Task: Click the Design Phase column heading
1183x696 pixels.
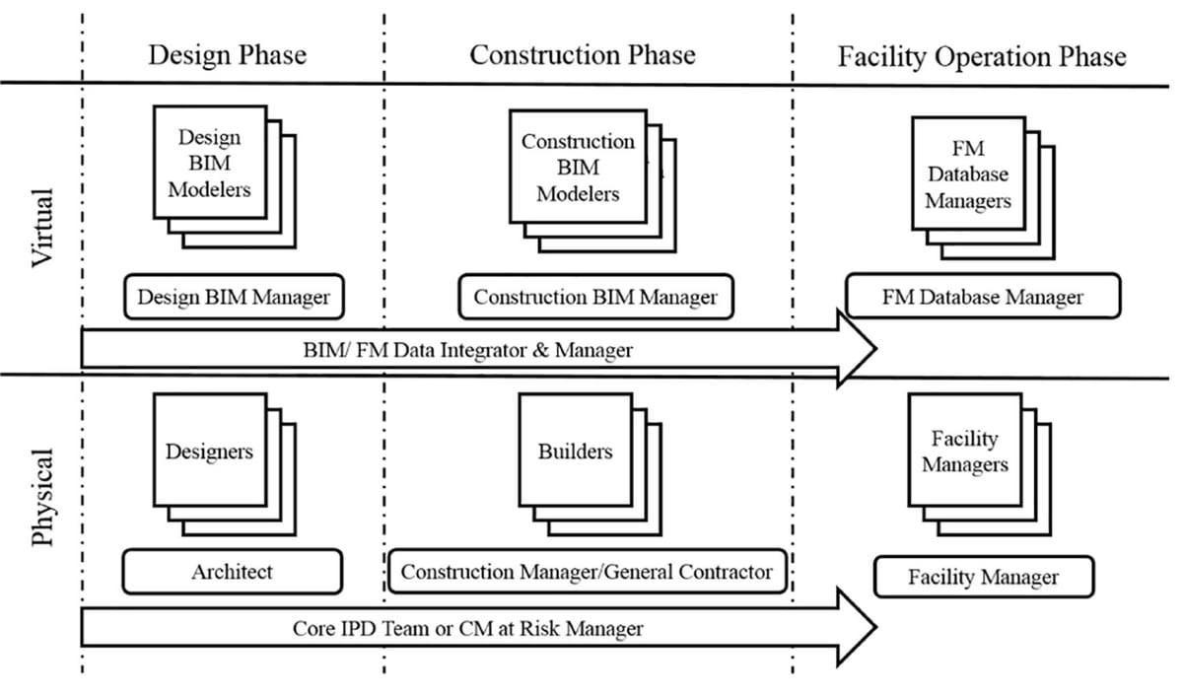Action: click(227, 55)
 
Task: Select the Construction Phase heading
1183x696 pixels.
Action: click(582, 55)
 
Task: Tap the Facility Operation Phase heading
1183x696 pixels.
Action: click(981, 56)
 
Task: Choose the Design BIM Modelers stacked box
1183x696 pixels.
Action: click(210, 163)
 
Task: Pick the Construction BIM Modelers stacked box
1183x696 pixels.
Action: click(578, 167)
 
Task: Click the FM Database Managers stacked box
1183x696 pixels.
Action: click(967, 174)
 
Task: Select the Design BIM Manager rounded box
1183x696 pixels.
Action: click(234, 297)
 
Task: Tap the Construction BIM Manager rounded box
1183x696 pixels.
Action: click(595, 297)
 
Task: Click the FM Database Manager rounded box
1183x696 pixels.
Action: click(982, 297)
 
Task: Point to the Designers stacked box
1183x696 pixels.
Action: click(209, 452)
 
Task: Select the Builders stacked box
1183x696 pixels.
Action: click(575, 452)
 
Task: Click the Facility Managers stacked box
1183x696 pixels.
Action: click(965, 452)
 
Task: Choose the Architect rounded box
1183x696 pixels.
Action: click(233, 572)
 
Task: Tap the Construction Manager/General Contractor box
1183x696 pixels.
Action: click(587, 572)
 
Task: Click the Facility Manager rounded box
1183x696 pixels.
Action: click(983, 577)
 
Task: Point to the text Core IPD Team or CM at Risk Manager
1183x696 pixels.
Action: click(467, 628)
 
